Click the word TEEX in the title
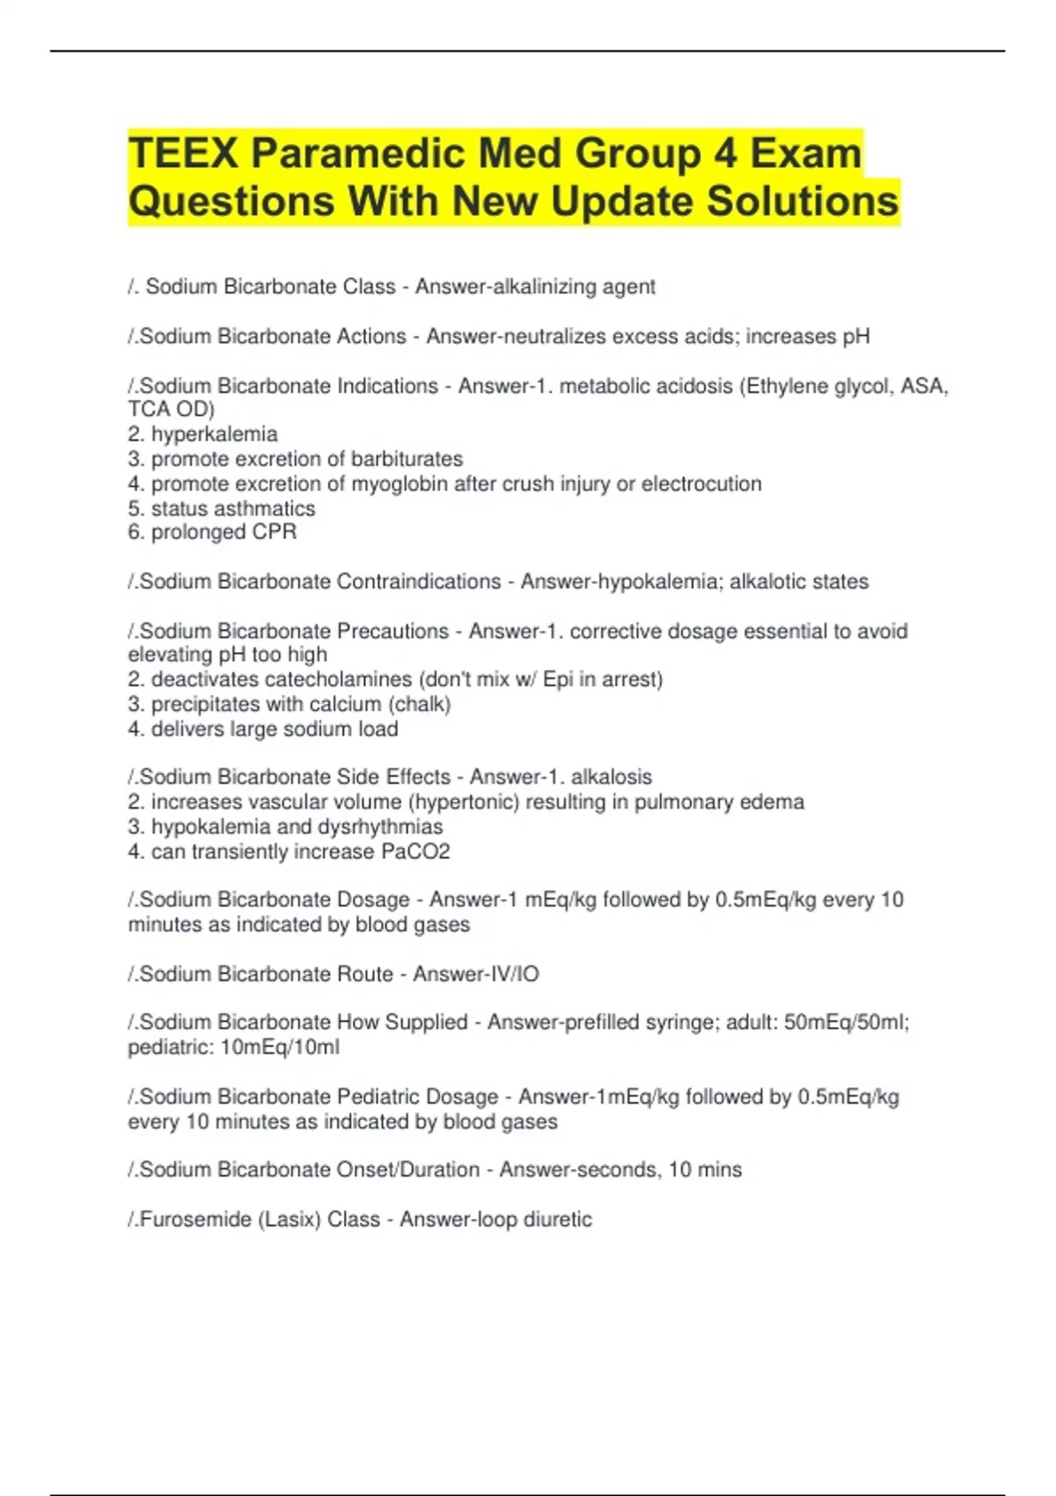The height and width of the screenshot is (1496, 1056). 183,154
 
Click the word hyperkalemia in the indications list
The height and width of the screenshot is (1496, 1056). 214,434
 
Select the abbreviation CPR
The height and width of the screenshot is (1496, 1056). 275,532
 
